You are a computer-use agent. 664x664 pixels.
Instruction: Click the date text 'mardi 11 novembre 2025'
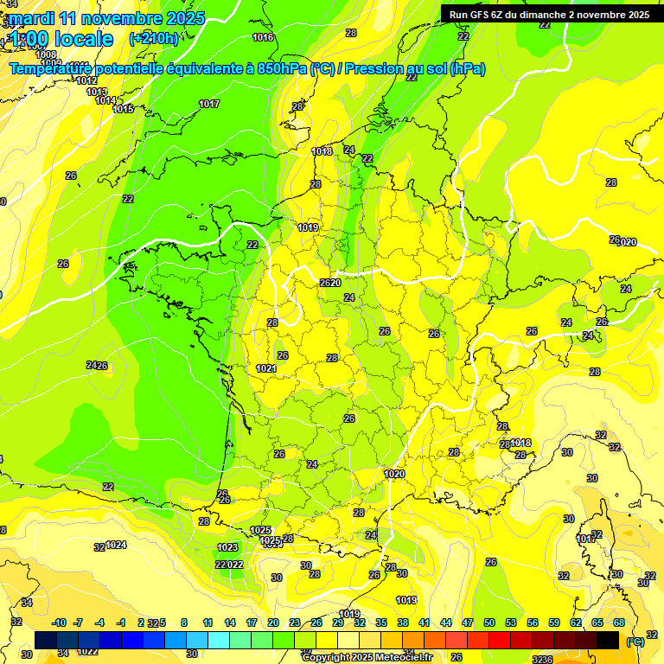coord(106,18)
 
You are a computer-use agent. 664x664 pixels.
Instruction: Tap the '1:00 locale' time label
coord(61,39)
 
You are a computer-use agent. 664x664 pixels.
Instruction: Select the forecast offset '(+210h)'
coord(154,39)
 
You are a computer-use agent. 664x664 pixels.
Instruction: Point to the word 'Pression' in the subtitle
coord(374,68)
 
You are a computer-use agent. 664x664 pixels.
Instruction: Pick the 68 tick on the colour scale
coord(619,622)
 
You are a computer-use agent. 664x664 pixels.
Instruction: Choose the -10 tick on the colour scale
coord(59,622)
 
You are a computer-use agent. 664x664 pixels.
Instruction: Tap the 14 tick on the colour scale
coord(230,622)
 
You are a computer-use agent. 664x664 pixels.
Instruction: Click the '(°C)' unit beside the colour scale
coord(635,642)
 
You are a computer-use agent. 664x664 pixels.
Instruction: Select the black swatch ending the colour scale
coord(608,640)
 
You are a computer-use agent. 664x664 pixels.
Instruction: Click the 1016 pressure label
coord(263,37)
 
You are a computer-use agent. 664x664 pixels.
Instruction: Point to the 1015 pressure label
coord(123,109)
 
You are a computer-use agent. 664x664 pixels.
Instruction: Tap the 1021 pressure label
coord(266,369)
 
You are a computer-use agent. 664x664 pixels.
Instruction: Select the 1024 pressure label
coord(116,545)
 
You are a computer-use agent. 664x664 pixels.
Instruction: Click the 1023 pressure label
coord(227,547)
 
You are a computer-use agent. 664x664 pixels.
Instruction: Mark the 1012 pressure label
coord(86,80)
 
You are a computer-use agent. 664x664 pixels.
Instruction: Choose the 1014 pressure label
coord(105,100)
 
